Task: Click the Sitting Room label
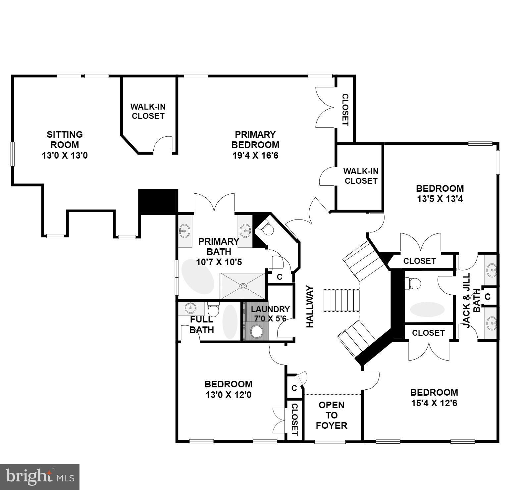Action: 65,145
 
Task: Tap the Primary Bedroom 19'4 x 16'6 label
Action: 255,145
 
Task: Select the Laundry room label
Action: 270,314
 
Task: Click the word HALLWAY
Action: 310,307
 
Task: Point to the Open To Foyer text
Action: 332,415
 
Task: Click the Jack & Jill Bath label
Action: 471,301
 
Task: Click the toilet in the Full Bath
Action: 213,310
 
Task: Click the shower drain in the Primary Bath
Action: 243,286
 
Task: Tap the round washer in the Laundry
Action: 257,331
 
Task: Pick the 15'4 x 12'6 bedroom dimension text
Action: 434,403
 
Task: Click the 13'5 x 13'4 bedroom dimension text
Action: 439,199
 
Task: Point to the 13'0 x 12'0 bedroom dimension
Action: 228,395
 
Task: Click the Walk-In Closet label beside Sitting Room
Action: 148,111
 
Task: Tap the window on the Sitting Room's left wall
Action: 13,154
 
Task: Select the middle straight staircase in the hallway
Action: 341,300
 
